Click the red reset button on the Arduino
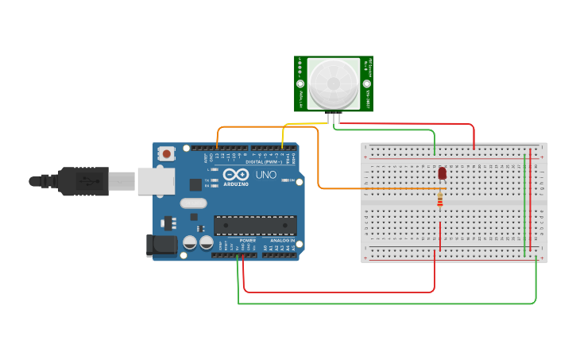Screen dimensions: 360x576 point(166,153)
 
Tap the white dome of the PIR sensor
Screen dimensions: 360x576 point(334,83)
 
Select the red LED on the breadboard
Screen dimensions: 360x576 point(442,173)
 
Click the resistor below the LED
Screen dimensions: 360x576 point(440,201)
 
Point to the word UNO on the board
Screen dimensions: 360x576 point(265,175)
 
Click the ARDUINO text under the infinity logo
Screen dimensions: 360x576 point(236,184)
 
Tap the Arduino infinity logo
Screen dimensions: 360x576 point(236,174)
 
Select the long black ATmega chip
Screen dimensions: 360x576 point(255,226)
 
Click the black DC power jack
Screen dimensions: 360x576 point(162,245)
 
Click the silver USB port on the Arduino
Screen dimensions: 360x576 point(156,181)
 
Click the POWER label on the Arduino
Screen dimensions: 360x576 point(247,240)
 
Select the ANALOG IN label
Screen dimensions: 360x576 point(282,240)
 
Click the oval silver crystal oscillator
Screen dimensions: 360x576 point(193,203)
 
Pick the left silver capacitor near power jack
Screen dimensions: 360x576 point(190,242)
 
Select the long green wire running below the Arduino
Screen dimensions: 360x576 point(381,304)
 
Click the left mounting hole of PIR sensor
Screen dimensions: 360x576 point(300,83)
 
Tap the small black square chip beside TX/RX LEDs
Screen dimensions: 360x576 point(195,184)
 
